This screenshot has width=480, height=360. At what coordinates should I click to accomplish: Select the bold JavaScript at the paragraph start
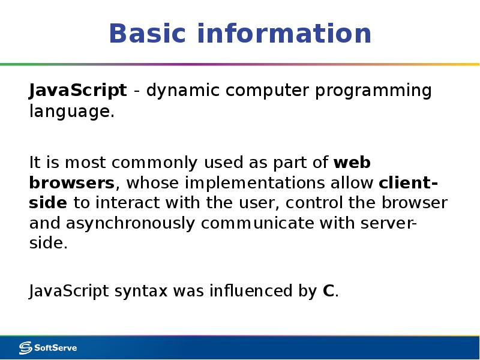click(x=78, y=91)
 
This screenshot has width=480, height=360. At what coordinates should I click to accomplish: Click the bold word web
click(x=352, y=163)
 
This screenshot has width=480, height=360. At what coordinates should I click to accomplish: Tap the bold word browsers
click(x=71, y=182)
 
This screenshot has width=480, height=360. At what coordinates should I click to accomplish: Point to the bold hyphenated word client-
click(x=409, y=182)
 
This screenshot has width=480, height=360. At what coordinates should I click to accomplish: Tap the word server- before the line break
click(x=388, y=223)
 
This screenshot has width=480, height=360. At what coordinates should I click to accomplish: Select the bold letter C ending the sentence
click(x=328, y=292)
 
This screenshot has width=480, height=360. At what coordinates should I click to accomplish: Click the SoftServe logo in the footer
click(x=48, y=347)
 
